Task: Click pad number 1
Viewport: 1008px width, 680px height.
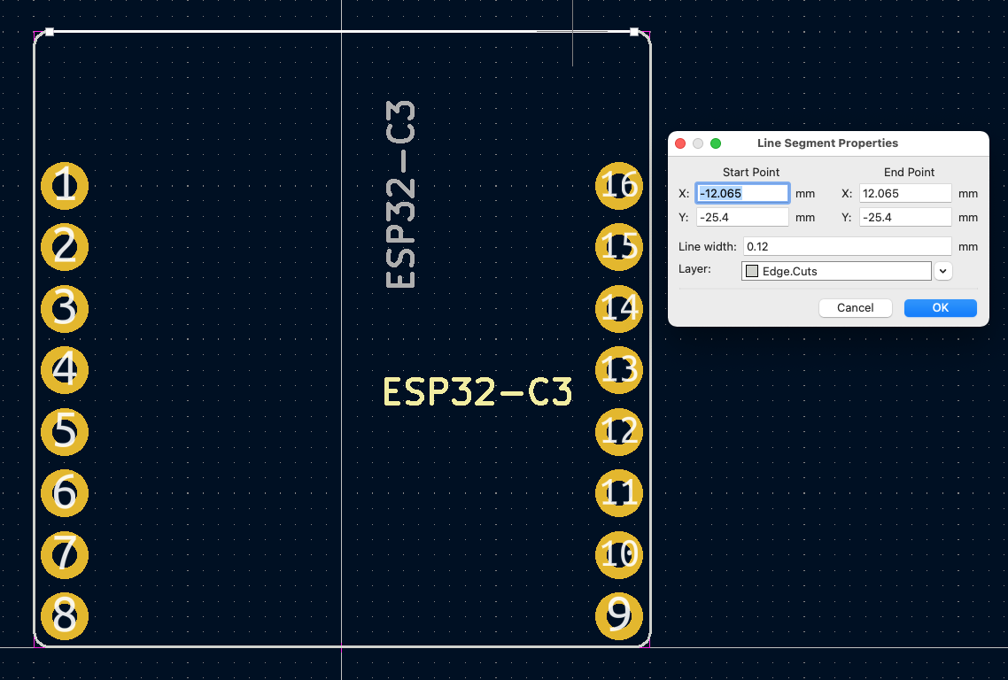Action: click(65, 186)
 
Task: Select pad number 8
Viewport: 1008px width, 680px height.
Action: click(65, 615)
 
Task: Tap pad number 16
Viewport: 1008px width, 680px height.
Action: click(618, 186)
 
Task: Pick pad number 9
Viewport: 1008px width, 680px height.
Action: click(618, 615)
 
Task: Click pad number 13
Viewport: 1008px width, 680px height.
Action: click(618, 370)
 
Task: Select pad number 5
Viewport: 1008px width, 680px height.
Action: click(65, 431)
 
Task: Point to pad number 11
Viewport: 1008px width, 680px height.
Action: click(618, 493)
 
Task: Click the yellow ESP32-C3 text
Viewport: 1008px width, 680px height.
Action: click(477, 392)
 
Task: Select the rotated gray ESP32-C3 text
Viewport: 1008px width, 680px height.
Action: click(401, 195)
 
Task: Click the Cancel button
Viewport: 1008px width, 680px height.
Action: click(855, 308)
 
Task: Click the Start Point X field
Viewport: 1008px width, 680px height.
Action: click(742, 193)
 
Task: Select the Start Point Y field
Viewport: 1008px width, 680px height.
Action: click(742, 217)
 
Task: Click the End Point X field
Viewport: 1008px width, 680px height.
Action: click(904, 193)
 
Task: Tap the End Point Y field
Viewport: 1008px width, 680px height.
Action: click(904, 217)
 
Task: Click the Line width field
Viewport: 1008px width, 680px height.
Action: click(847, 246)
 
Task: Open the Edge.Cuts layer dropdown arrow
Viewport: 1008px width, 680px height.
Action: click(943, 272)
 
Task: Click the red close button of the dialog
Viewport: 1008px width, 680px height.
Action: click(680, 143)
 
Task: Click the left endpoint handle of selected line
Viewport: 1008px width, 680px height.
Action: click(50, 32)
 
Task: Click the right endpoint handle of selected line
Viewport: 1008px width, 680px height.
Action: click(634, 32)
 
